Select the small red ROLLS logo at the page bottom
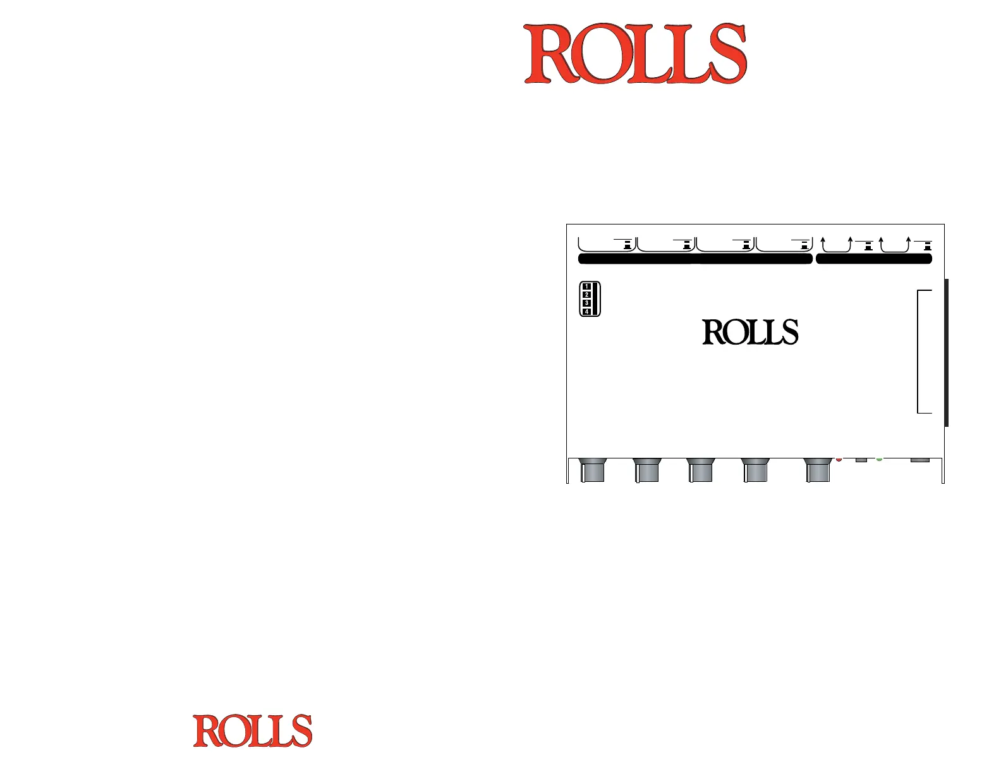(x=252, y=730)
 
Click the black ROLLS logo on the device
(x=750, y=332)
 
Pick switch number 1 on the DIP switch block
(x=587, y=286)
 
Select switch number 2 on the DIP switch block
(x=587, y=295)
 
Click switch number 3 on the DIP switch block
(x=587, y=304)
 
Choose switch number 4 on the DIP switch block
(x=587, y=312)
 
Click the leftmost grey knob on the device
(x=592, y=470)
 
